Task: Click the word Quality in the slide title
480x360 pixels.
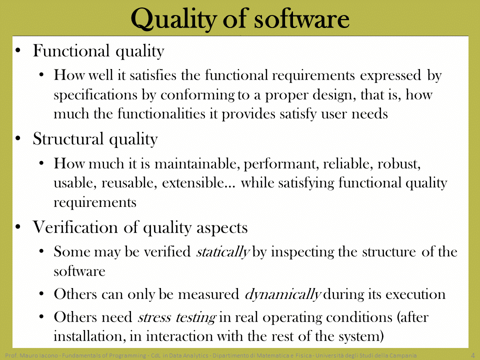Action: click(x=174, y=19)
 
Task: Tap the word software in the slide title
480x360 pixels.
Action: click(x=301, y=18)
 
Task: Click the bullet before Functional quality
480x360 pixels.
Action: click(x=18, y=50)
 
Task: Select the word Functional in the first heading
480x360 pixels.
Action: click(x=71, y=50)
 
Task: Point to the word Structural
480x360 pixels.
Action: click(x=68, y=138)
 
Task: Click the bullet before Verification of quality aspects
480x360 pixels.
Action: click(x=18, y=227)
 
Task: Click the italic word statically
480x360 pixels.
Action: click(x=223, y=252)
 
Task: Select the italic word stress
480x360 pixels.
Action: click(x=154, y=317)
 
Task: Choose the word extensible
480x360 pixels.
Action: click(x=198, y=183)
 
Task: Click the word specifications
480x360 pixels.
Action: click(x=95, y=95)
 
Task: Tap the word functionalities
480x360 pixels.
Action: click(x=161, y=113)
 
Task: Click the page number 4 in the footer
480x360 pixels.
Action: click(x=472, y=355)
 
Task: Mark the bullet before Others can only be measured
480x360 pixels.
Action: click(x=42, y=294)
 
